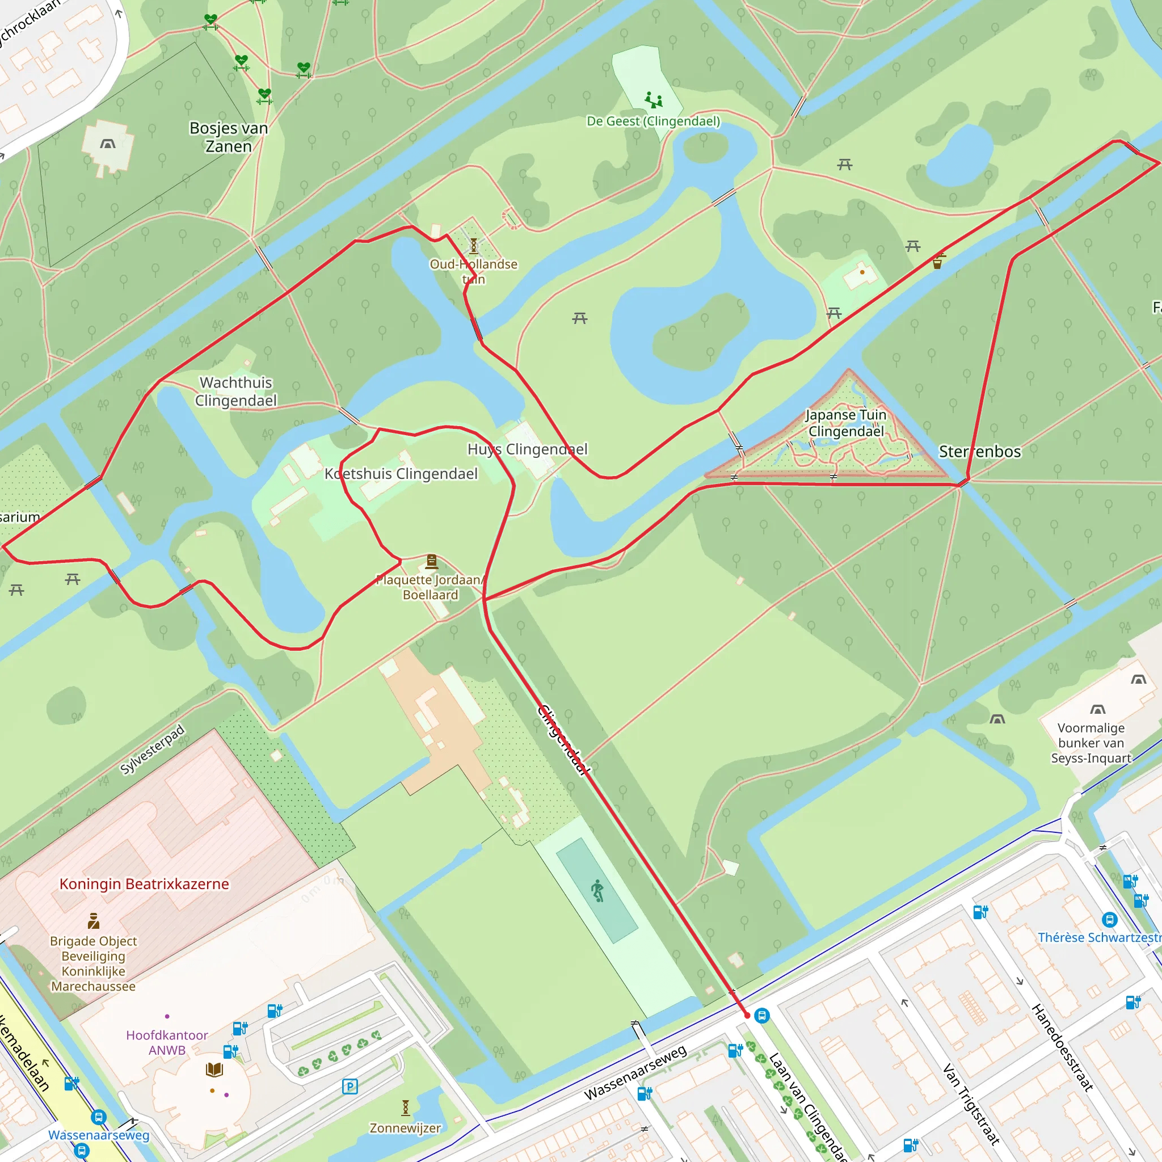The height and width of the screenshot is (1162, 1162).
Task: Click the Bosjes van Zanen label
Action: [229, 137]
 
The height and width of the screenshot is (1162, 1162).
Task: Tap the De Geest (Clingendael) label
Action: [653, 121]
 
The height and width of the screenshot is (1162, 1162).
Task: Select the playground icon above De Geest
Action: [653, 100]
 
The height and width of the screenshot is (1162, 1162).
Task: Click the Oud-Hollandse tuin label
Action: [473, 271]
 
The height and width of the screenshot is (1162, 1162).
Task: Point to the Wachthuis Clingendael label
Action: [236, 391]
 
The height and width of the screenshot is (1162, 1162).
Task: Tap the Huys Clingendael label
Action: [528, 449]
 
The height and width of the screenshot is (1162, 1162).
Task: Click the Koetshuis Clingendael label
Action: [401, 474]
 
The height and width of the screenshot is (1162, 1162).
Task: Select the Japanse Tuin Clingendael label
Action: [845, 423]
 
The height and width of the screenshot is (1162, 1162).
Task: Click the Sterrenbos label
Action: [979, 452]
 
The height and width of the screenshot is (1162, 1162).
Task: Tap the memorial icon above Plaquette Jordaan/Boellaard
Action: [431, 562]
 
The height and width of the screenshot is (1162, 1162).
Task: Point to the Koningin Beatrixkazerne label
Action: [144, 884]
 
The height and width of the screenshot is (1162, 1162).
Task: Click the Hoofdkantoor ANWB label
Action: [167, 1042]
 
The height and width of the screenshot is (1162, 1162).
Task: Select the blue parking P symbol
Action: [350, 1086]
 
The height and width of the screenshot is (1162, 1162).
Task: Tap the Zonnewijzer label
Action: [405, 1128]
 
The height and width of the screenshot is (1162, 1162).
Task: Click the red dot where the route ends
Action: [748, 1015]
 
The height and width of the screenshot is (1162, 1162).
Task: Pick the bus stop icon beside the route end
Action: [762, 1015]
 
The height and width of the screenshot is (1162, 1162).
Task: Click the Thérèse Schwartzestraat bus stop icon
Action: [1110, 920]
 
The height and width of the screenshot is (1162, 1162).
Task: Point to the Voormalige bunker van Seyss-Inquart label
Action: [1091, 743]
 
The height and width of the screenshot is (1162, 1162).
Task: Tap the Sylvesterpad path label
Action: [152, 750]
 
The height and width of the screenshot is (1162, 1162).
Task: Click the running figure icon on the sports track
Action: [597, 891]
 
